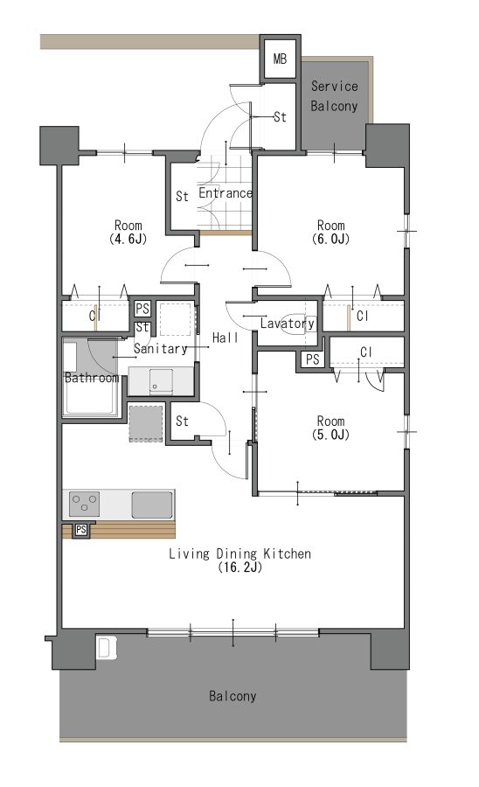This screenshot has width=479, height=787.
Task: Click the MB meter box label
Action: coord(280,59)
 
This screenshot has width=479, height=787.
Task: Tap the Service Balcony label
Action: coord(334,96)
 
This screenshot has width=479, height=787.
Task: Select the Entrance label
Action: coord(226,193)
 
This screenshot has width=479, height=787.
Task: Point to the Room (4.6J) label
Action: coord(128,232)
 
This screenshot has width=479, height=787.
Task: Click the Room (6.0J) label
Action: coord(330,232)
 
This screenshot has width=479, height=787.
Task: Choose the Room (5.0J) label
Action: coord(330,428)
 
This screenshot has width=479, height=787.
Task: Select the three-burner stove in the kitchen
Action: coord(84,505)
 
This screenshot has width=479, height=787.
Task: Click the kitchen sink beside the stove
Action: coord(152,505)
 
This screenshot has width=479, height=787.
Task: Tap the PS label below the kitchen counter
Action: coord(81,530)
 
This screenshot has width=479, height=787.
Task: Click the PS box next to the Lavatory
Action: coord(312,359)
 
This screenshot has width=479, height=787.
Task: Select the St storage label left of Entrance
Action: coord(182,196)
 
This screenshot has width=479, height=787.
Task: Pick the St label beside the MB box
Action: coord(280,117)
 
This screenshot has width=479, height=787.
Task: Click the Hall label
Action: coord(226,338)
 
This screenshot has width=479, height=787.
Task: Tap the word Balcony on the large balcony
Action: coord(233,696)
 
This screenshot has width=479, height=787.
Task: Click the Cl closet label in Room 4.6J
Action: coord(94,317)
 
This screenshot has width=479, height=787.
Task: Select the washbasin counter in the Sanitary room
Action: coord(161,380)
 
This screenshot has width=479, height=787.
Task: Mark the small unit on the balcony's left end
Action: coord(107,647)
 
